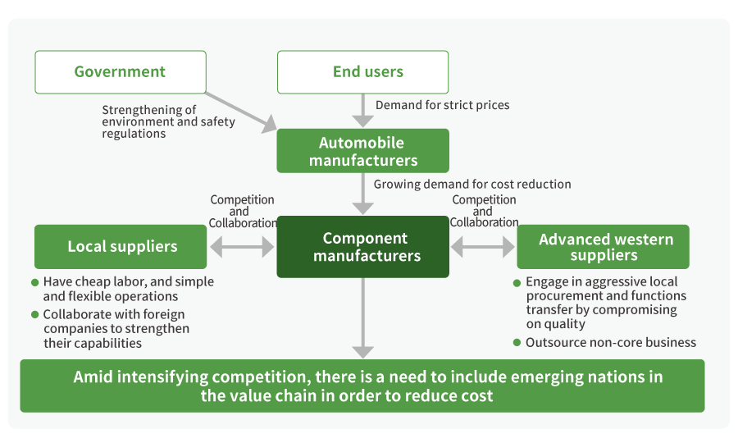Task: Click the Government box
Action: point(120,72)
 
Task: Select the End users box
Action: point(362,72)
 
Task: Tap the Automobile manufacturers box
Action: point(362,151)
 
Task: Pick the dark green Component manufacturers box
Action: point(362,247)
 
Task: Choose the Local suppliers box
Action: point(121,247)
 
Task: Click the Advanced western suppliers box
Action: point(603,247)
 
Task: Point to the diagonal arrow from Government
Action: point(241,112)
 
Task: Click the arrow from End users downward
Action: point(363,109)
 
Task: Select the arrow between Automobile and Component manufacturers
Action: point(363,194)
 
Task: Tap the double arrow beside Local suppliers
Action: point(242,246)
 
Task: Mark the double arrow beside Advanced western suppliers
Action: point(483,246)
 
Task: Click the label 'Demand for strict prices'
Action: point(442,105)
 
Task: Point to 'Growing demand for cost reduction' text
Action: point(472,185)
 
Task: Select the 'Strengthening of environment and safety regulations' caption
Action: point(168,121)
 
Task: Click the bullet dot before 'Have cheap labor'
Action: point(35,282)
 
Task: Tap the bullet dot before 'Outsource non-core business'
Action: point(517,342)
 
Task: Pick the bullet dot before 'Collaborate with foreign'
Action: point(35,314)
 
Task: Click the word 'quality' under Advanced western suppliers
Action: point(566,324)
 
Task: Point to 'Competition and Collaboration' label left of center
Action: point(242,211)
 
